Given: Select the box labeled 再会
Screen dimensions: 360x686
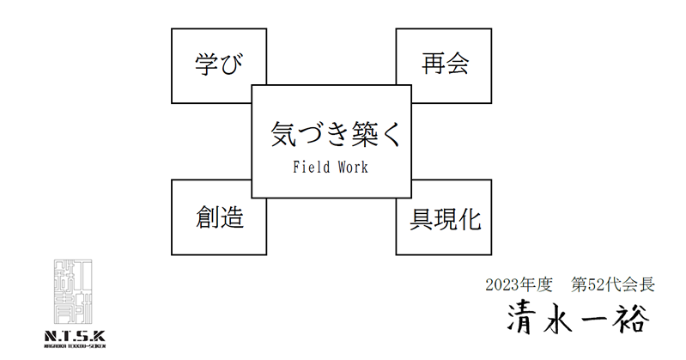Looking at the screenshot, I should pos(444,64).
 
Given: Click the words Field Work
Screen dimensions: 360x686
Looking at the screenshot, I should pos(331,168).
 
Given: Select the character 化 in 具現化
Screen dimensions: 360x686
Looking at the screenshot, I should pos(468,219).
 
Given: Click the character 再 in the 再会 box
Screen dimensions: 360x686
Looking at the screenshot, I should pos(432,64).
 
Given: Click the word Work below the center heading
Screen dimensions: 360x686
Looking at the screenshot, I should pos(352,168).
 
